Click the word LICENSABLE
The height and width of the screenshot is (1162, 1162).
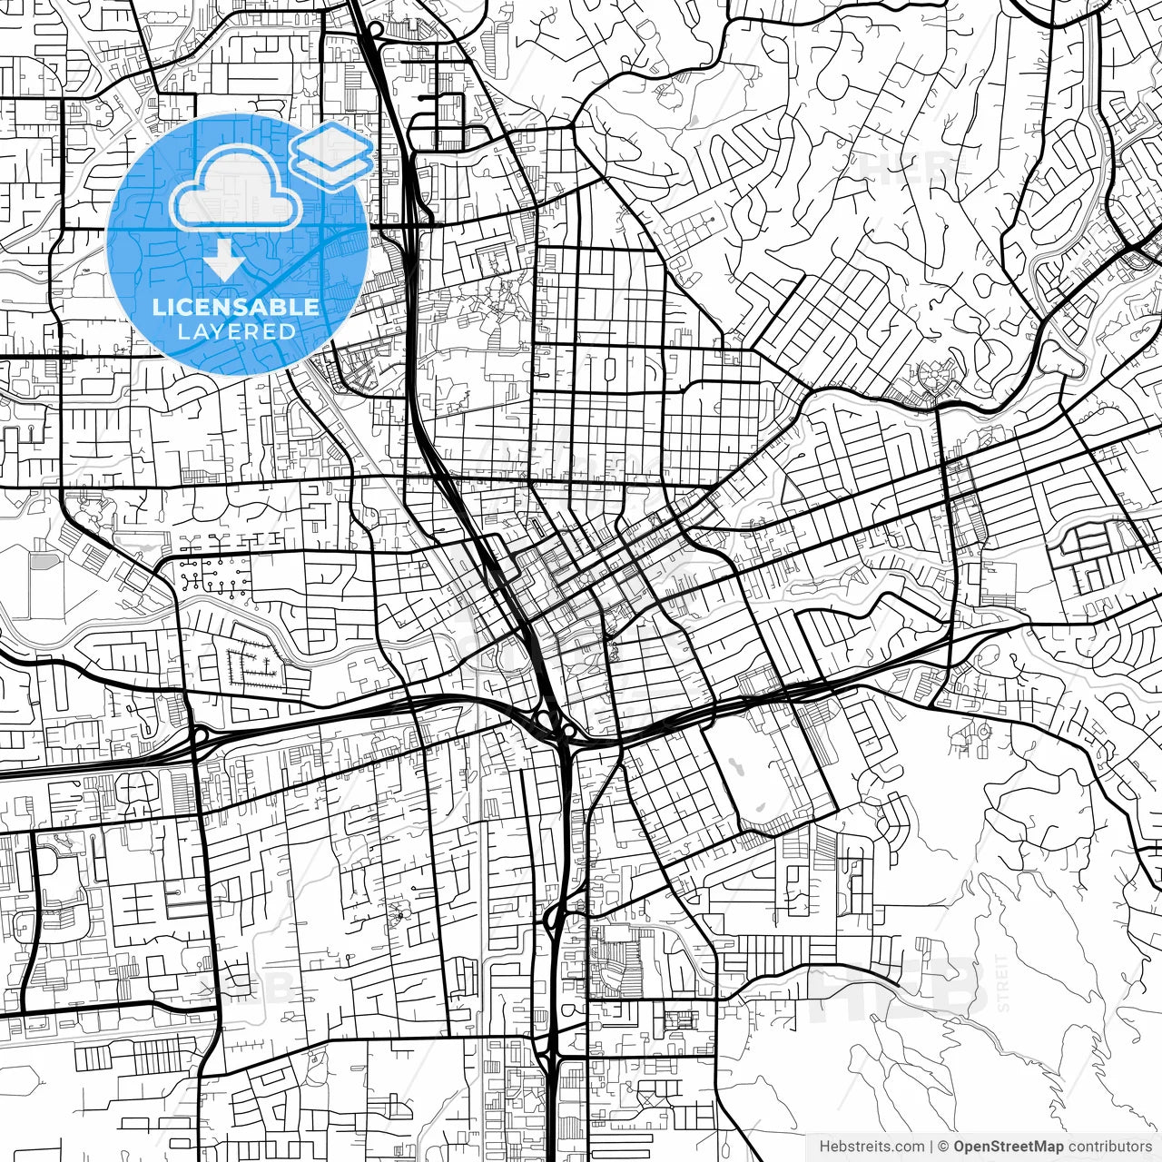[236, 307]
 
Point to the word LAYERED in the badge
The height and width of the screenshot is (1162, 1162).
[236, 331]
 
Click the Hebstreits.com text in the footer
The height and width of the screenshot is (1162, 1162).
[871, 1147]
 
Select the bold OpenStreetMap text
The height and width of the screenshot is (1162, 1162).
[1009, 1147]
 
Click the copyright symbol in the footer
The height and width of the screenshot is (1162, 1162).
[943, 1147]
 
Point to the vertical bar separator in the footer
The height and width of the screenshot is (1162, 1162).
[931, 1147]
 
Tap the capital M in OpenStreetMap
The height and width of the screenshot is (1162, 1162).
[1049, 1147]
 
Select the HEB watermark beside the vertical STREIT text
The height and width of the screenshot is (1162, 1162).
[899, 985]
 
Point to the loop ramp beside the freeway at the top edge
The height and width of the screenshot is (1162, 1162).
[375, 29]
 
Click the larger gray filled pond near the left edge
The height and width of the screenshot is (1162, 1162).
[42, 560]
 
